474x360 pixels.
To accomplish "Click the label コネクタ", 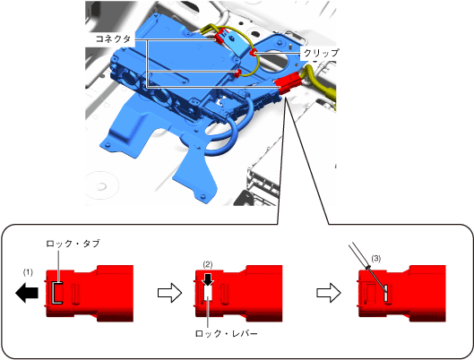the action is pyautogui.click(x=114, y=39).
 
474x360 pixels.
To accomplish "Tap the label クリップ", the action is pyautogui.click(x=321, y=53).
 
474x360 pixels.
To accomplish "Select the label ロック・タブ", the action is pyautogui.click(x=73, y=244).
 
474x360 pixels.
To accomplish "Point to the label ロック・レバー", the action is pyautogui.click(x=226, y=333).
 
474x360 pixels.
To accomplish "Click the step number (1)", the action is pyautogui.click(x=28, y=272).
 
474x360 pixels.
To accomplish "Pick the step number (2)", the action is pyautogui.click(x=208, y=264).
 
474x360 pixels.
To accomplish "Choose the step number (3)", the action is pyautogui.click(x=375, y=259).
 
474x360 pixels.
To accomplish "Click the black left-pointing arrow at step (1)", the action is pyautogui.click(x=27, y=293).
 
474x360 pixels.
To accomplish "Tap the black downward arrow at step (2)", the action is pyautogui.click(x=208, y=279).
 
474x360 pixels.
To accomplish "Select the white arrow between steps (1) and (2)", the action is pyautogui.click(x=169, y=293).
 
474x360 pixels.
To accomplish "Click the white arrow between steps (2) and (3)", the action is pyautogui.click(x=329, y=293).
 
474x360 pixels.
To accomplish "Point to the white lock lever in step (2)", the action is pyautogui.click(x=208, y=292).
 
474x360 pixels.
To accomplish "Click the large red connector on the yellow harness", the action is pyautogui.click(x=288, y=83).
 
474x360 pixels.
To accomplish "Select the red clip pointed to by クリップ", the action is pyautogui.click(x=253, y=53).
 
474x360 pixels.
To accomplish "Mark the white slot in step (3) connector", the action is pyautogui.click(x=385, y=294).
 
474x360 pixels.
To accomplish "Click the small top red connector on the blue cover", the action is pyautogui.click(x=222, y=35).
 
